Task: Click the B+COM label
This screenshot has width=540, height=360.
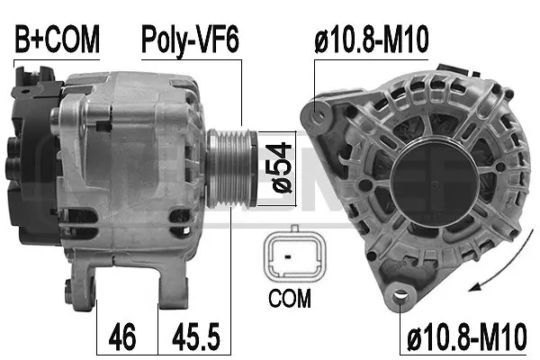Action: point(56,40)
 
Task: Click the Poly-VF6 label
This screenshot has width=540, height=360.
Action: point(191,40)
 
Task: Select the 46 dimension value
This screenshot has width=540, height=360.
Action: point(123,337)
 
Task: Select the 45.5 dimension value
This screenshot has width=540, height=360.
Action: point(191,337)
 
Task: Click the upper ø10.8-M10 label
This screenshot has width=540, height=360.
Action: point(370,40)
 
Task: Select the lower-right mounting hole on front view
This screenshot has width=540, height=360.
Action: point(398,292)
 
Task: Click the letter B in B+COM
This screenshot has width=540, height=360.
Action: point(22,40)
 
